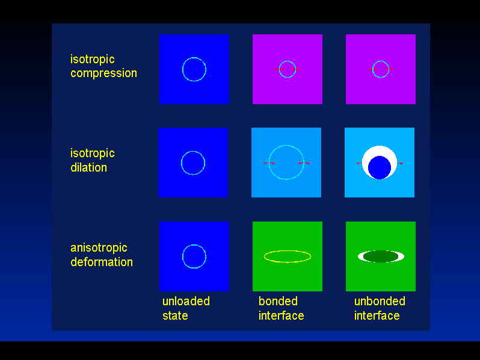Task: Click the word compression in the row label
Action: (104, 73)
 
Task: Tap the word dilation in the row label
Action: (89, 167)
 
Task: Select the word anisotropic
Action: (99, 248)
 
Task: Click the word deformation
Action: (102, 262)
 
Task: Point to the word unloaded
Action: (186, 301)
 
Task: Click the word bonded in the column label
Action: (278, 301)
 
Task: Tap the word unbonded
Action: (380, 301)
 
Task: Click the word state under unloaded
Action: (175, 315)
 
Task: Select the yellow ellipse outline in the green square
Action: (288, 251)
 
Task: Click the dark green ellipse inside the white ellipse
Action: (381, 256)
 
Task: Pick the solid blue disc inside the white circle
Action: (380, 167)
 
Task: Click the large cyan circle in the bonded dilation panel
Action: (286, 146)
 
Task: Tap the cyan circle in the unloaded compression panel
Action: (194, 58)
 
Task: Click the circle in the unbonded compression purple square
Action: (381, 61)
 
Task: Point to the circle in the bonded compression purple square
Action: (288, 61)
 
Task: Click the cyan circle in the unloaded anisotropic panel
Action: (194, 245)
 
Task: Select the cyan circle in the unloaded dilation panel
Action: (193, 151)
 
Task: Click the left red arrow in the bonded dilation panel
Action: (269, 163)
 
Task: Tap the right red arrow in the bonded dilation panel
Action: (304, 163)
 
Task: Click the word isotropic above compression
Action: (93, 59)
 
